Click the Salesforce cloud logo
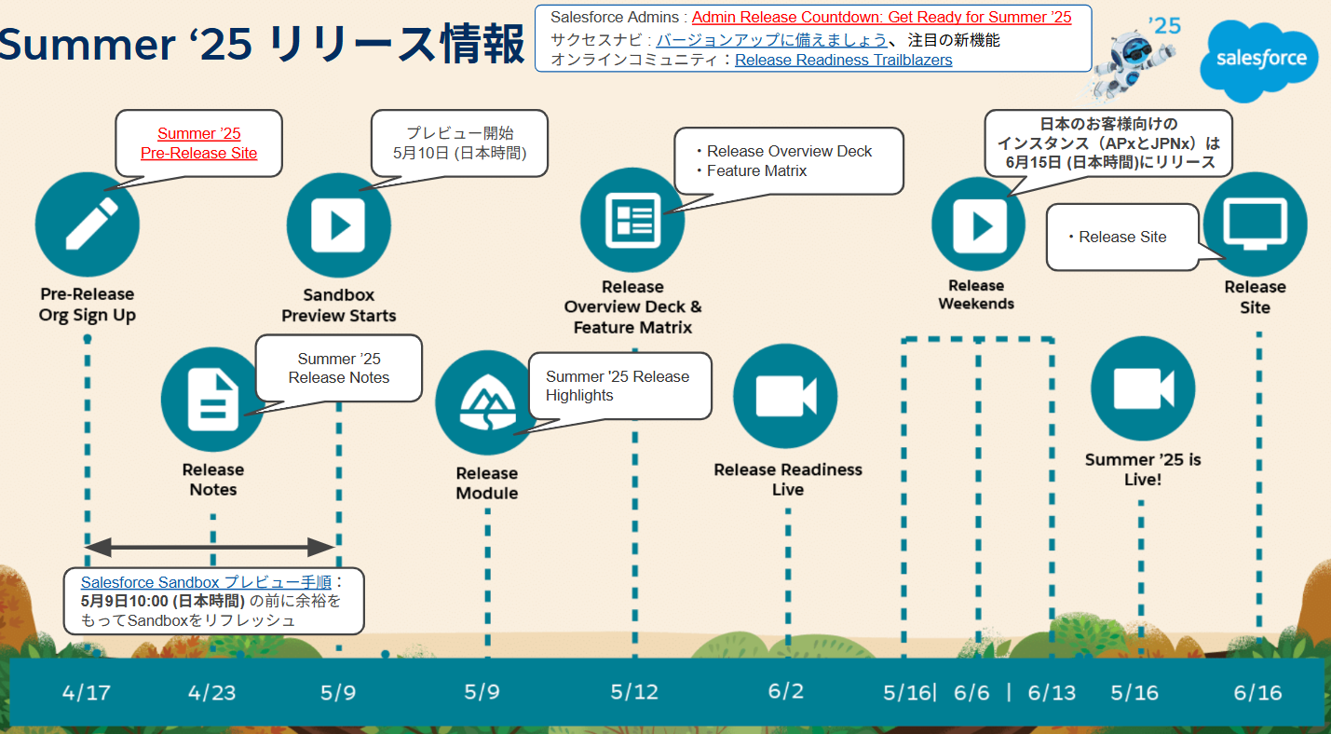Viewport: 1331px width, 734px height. [1258, 61]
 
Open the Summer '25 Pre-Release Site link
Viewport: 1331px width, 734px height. [198, 143]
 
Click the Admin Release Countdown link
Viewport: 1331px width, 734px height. [881, 18]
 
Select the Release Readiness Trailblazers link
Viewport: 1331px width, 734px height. [843, 60]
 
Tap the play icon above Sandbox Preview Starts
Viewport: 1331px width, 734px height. [339, 225]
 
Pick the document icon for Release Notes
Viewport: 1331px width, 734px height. [212, 400]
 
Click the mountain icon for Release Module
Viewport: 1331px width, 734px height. [487, 402]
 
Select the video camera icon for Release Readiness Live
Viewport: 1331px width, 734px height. [785, 396]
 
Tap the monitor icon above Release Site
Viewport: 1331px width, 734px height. [1255, 224]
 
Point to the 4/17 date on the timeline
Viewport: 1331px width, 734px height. [87, 692]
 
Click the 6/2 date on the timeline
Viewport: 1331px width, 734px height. [785, 691]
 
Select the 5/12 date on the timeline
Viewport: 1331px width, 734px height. [634, 692]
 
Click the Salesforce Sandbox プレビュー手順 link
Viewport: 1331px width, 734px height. [206, 582]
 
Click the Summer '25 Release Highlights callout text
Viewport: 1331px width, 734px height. [618, 386]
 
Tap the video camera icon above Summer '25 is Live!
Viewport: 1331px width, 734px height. [1143, 388]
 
